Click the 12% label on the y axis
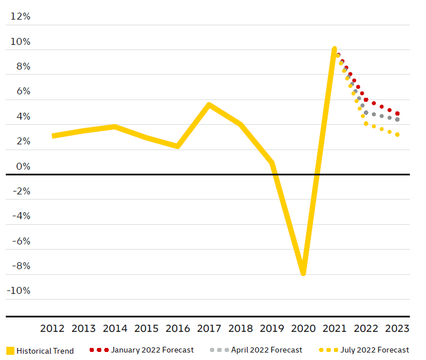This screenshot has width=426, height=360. point(20,17)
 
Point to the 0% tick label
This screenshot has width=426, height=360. point(23,167)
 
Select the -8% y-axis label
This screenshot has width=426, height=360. point(20,266)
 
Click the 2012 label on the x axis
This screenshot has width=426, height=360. point(52,328)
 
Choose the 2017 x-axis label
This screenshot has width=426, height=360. point(209,328)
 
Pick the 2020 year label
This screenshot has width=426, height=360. point(303,328)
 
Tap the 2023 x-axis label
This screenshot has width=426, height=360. point(397,328)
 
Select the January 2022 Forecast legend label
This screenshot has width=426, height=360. point(152,350)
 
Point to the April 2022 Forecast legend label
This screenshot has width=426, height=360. point(266,350)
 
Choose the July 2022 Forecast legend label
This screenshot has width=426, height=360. point(374,350)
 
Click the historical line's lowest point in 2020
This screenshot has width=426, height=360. point(303,273)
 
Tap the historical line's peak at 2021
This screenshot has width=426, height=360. point(334,49)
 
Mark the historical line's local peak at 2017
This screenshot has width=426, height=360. point(209,105)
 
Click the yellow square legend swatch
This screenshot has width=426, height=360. point(10,351)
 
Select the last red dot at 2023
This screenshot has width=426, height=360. point(398,114)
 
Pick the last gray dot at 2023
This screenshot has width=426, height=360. point(398,120)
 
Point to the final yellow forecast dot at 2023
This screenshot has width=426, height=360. point(398,135)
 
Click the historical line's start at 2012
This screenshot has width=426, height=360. point(53,136)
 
